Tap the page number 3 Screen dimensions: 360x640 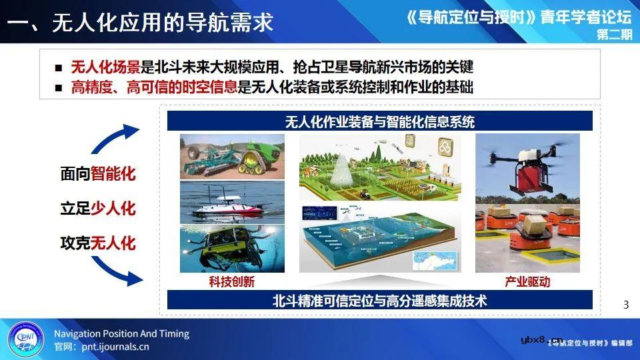625,305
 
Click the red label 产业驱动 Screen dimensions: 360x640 528,282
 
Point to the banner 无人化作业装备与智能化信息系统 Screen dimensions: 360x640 379,121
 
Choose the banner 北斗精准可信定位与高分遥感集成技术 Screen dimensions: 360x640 379,301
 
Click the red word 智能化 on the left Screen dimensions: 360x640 113,175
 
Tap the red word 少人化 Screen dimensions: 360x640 113,209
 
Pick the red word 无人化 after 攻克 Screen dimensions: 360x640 113,242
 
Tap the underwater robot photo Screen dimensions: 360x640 232,248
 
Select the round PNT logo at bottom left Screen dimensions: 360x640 25,339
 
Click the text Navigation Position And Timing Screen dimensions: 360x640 121,333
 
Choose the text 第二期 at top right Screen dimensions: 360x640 614,35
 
